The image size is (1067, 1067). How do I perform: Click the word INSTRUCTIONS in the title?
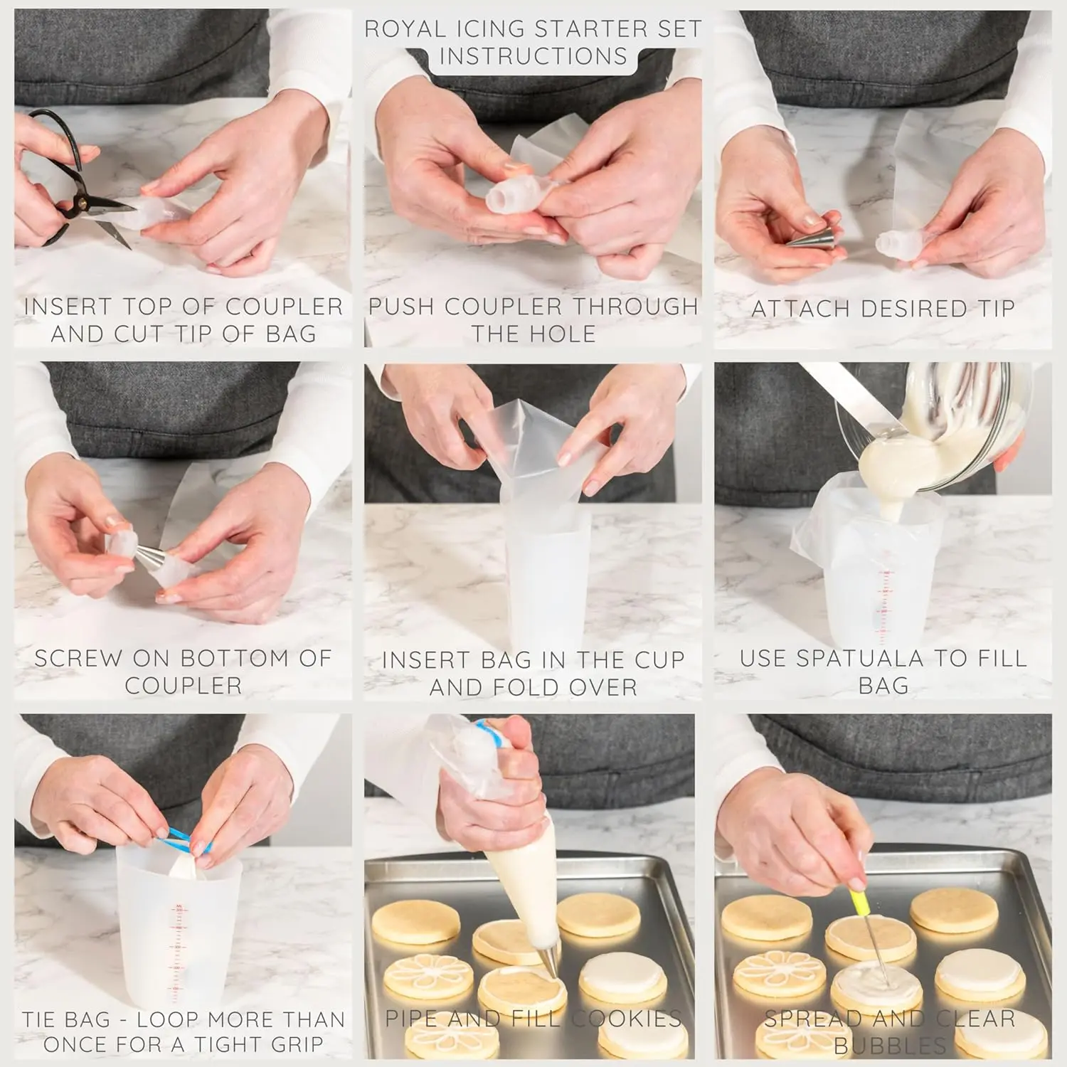533,55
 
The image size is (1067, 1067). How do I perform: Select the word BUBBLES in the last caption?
890,1046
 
